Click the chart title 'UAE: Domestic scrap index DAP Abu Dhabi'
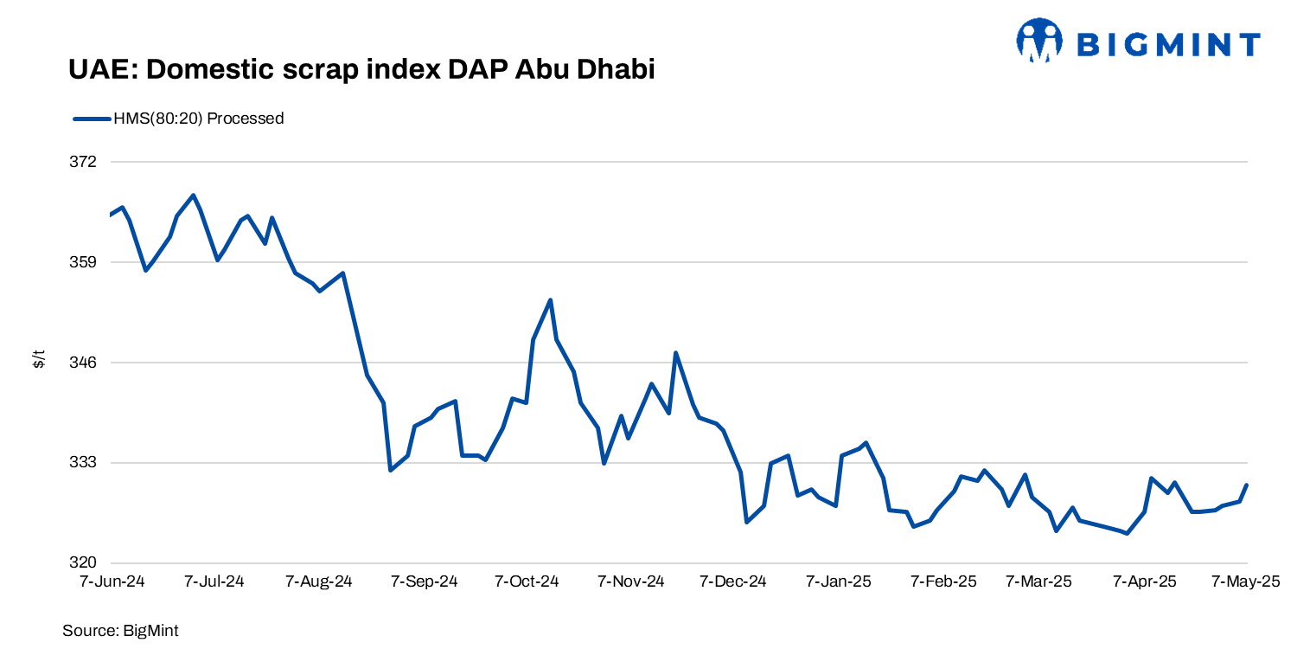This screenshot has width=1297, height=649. point(361,70)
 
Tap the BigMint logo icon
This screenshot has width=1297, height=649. point(1038,42)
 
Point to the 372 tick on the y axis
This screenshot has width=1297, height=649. point(84,162)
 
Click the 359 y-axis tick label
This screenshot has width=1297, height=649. point(84,262)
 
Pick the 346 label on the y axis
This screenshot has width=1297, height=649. point(84,363)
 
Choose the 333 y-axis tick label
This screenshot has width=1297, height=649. point(84,462)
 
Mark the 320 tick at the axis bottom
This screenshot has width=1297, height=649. point(84,562)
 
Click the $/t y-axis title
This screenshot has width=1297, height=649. point(39,360)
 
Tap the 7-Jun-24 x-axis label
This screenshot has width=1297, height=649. point(112,582)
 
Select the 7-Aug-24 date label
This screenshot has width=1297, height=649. point(319,582)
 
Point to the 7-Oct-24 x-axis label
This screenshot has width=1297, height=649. point(527,582)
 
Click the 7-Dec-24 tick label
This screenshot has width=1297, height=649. point(733,582)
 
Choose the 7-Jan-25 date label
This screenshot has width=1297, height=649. point(839,582)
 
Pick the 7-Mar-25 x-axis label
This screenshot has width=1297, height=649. point(1038,582)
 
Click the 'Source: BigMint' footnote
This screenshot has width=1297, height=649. point(120,631)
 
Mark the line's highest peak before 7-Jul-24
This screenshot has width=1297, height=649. point(193,195)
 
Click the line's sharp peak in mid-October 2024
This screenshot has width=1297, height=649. point(550,300)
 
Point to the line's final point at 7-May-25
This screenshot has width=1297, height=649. point(1247,485)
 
